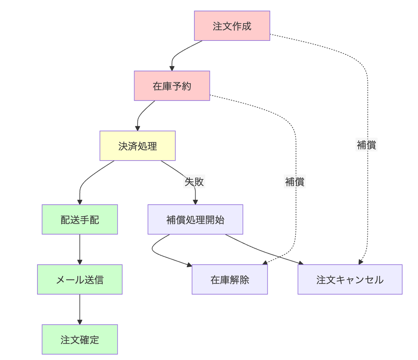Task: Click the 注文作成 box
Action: coord(232,26)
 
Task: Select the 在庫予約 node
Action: coord(172,86)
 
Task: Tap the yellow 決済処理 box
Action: coord(138,146)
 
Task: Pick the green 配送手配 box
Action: coord(80,219)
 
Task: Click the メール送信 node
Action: coord(80,280)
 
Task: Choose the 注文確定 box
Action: coord(80,339)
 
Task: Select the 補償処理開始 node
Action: coord(195,219)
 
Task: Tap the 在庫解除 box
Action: coord(230,280)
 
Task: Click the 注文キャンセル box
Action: coord(350,280)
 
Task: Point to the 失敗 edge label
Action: coord(194,181)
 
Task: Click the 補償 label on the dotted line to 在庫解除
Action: coord(295,181)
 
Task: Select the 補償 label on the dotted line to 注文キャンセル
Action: coord(366,145)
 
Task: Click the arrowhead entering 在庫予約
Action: coord(172,69)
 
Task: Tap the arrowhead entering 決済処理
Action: coord(138,129)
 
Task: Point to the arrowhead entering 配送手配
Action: coord(80,202)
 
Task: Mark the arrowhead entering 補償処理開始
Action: coord(195,202)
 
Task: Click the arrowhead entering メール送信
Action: coord(80,262)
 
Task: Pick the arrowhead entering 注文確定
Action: coord(80,322)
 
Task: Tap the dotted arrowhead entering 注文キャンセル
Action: coord(361,262)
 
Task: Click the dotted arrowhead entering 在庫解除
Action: coord(265,263)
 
